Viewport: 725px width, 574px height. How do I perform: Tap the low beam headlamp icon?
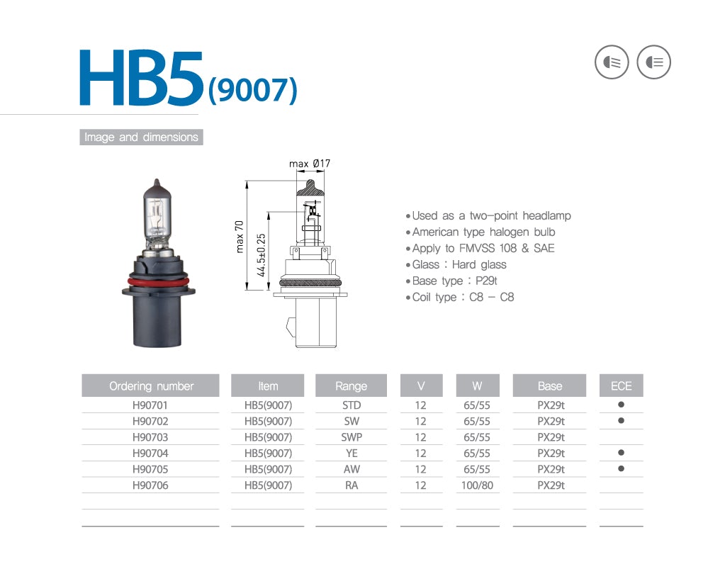point(611,62)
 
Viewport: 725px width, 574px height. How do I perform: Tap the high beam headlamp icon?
point(653,62)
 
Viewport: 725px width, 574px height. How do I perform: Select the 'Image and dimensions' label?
point(141,137)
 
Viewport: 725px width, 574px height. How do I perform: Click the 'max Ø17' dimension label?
point(310,164)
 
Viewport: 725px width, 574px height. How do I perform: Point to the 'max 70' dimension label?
point(240,236)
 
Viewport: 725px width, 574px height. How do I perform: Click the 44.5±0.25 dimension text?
point(262,255)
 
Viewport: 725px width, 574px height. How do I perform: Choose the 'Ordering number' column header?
point(151,386)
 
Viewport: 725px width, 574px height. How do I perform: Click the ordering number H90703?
point(150,437)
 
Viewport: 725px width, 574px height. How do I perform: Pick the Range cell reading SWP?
point(351,437)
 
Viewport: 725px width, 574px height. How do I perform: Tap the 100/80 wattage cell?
point(477,485)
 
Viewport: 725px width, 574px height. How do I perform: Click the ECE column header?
point(621,386)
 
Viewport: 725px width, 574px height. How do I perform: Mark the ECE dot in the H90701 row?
point(621,405)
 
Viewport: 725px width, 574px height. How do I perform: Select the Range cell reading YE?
point(351,454)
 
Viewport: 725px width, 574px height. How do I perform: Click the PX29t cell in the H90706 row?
point(550,485)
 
